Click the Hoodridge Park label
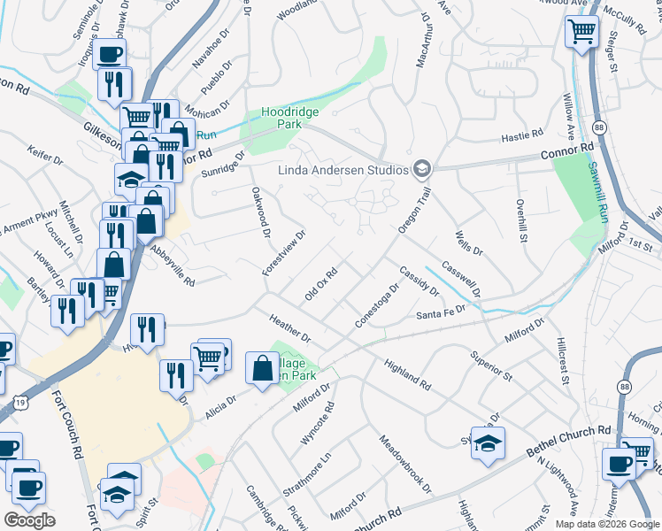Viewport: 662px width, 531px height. tap(289, 119)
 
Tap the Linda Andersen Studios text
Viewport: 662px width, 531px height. tap(343, 170)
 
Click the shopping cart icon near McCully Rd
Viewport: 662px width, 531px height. tap(581, 33)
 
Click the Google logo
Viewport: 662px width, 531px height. tap(29, 520)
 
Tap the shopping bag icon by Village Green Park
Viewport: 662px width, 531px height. tap(263, 368)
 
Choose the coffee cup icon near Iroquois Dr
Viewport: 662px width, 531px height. tap(110, 55)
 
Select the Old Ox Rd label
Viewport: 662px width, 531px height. tap(322, 284)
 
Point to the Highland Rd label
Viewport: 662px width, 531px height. tap(407, 375)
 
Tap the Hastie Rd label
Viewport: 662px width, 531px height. tap(521, 135)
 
